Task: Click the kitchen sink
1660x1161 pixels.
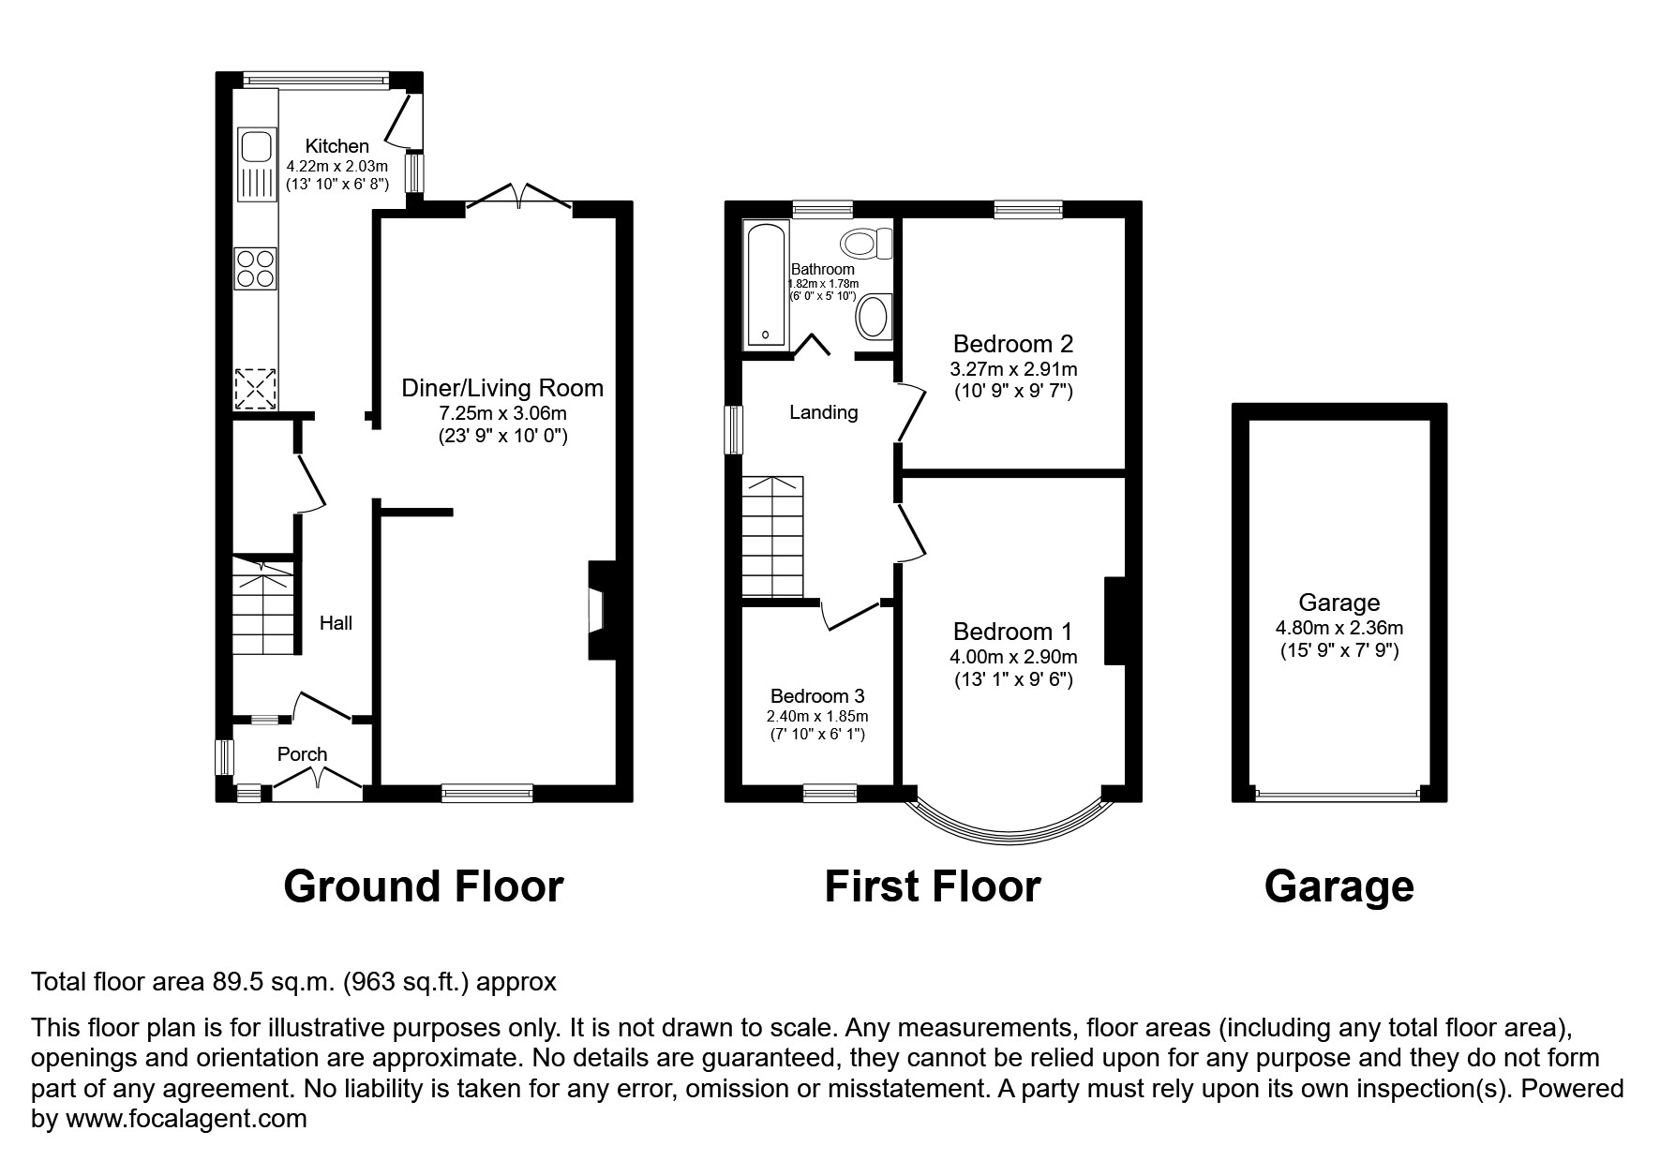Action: tap(255, 148)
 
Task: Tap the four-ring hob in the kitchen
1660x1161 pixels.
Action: tap(255, 266)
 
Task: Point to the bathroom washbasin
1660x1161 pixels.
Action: tap(874, 317)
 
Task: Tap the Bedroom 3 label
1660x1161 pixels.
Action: tap(816, 696)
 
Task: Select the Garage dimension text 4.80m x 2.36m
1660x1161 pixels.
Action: tap(1338, 629)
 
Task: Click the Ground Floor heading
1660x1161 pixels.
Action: tap(423, 886)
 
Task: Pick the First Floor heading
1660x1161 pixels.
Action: tap(932, 886)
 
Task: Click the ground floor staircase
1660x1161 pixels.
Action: tap(263, 607)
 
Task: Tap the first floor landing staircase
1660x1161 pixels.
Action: tap(773, 536)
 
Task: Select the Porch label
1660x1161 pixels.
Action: tap(302, 754)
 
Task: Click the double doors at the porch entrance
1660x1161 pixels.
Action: tap(318, 780)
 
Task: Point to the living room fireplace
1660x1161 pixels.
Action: tap(597, 610)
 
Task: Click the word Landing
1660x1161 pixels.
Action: tap(823, 412)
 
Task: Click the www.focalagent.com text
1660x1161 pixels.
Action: tap(185, 1119)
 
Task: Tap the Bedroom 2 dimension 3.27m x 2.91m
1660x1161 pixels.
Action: tap(1014, 369)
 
